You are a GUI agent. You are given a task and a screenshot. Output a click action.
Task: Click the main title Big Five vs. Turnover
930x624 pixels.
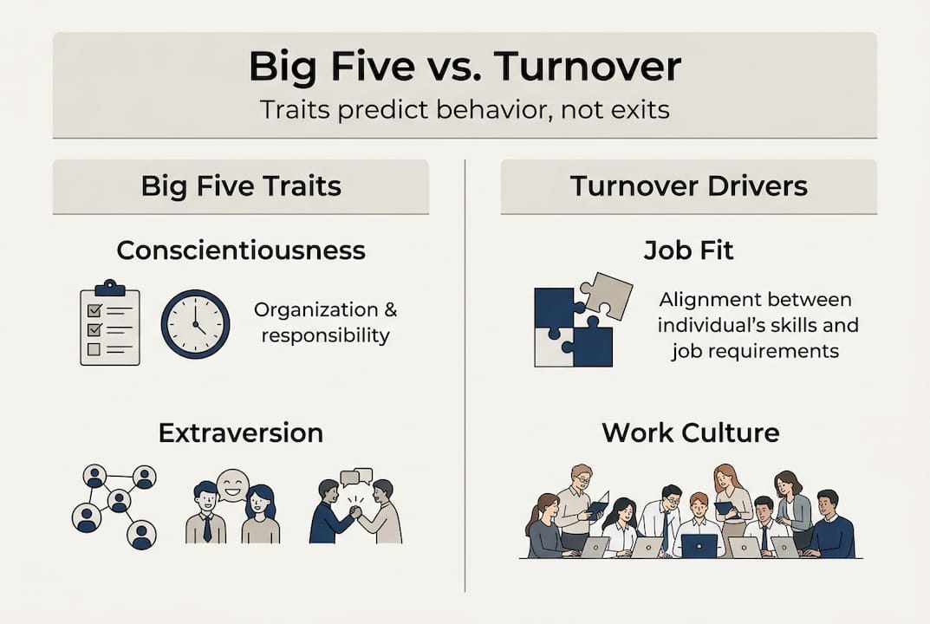click(465, 66)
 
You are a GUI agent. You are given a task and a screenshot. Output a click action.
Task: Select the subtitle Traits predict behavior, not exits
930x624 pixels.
click(465, 111)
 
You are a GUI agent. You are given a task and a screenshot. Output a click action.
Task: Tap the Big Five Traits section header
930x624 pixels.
click(241, 185)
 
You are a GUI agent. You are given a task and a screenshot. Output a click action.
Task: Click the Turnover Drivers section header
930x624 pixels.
click(688, 185)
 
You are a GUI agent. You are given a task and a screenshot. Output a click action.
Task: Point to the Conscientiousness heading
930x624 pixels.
click(241, 250)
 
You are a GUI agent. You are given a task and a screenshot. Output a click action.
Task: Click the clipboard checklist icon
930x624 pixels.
click(109, 323)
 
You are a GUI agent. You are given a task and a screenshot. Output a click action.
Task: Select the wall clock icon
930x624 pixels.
click(195, 324)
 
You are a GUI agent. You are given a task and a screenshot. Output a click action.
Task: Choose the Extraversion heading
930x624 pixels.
click(241, 432)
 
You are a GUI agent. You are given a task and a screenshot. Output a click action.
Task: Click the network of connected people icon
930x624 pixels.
click(114, 506)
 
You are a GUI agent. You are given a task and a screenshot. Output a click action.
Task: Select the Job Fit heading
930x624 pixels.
click(688, 250)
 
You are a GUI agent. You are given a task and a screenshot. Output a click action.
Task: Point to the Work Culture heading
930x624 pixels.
click(690, 432)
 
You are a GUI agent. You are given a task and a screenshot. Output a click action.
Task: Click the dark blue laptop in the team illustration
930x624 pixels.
click(699, 545)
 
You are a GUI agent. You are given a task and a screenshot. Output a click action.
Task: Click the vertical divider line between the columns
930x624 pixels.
click(465, 373)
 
